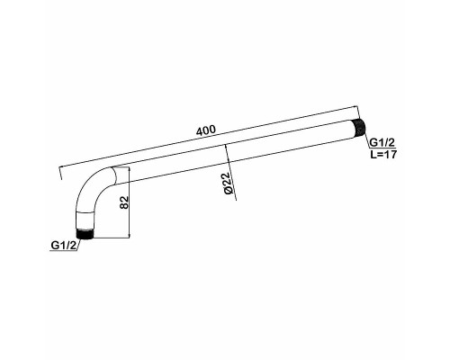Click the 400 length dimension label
[205, 130]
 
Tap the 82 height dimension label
[125, 202]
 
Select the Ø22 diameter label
[229, 183]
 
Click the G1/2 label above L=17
[382, 142]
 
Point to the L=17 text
[383, 155]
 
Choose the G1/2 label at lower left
[64, 245]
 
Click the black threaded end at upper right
[360, 127]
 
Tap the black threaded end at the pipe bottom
[85, 234]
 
